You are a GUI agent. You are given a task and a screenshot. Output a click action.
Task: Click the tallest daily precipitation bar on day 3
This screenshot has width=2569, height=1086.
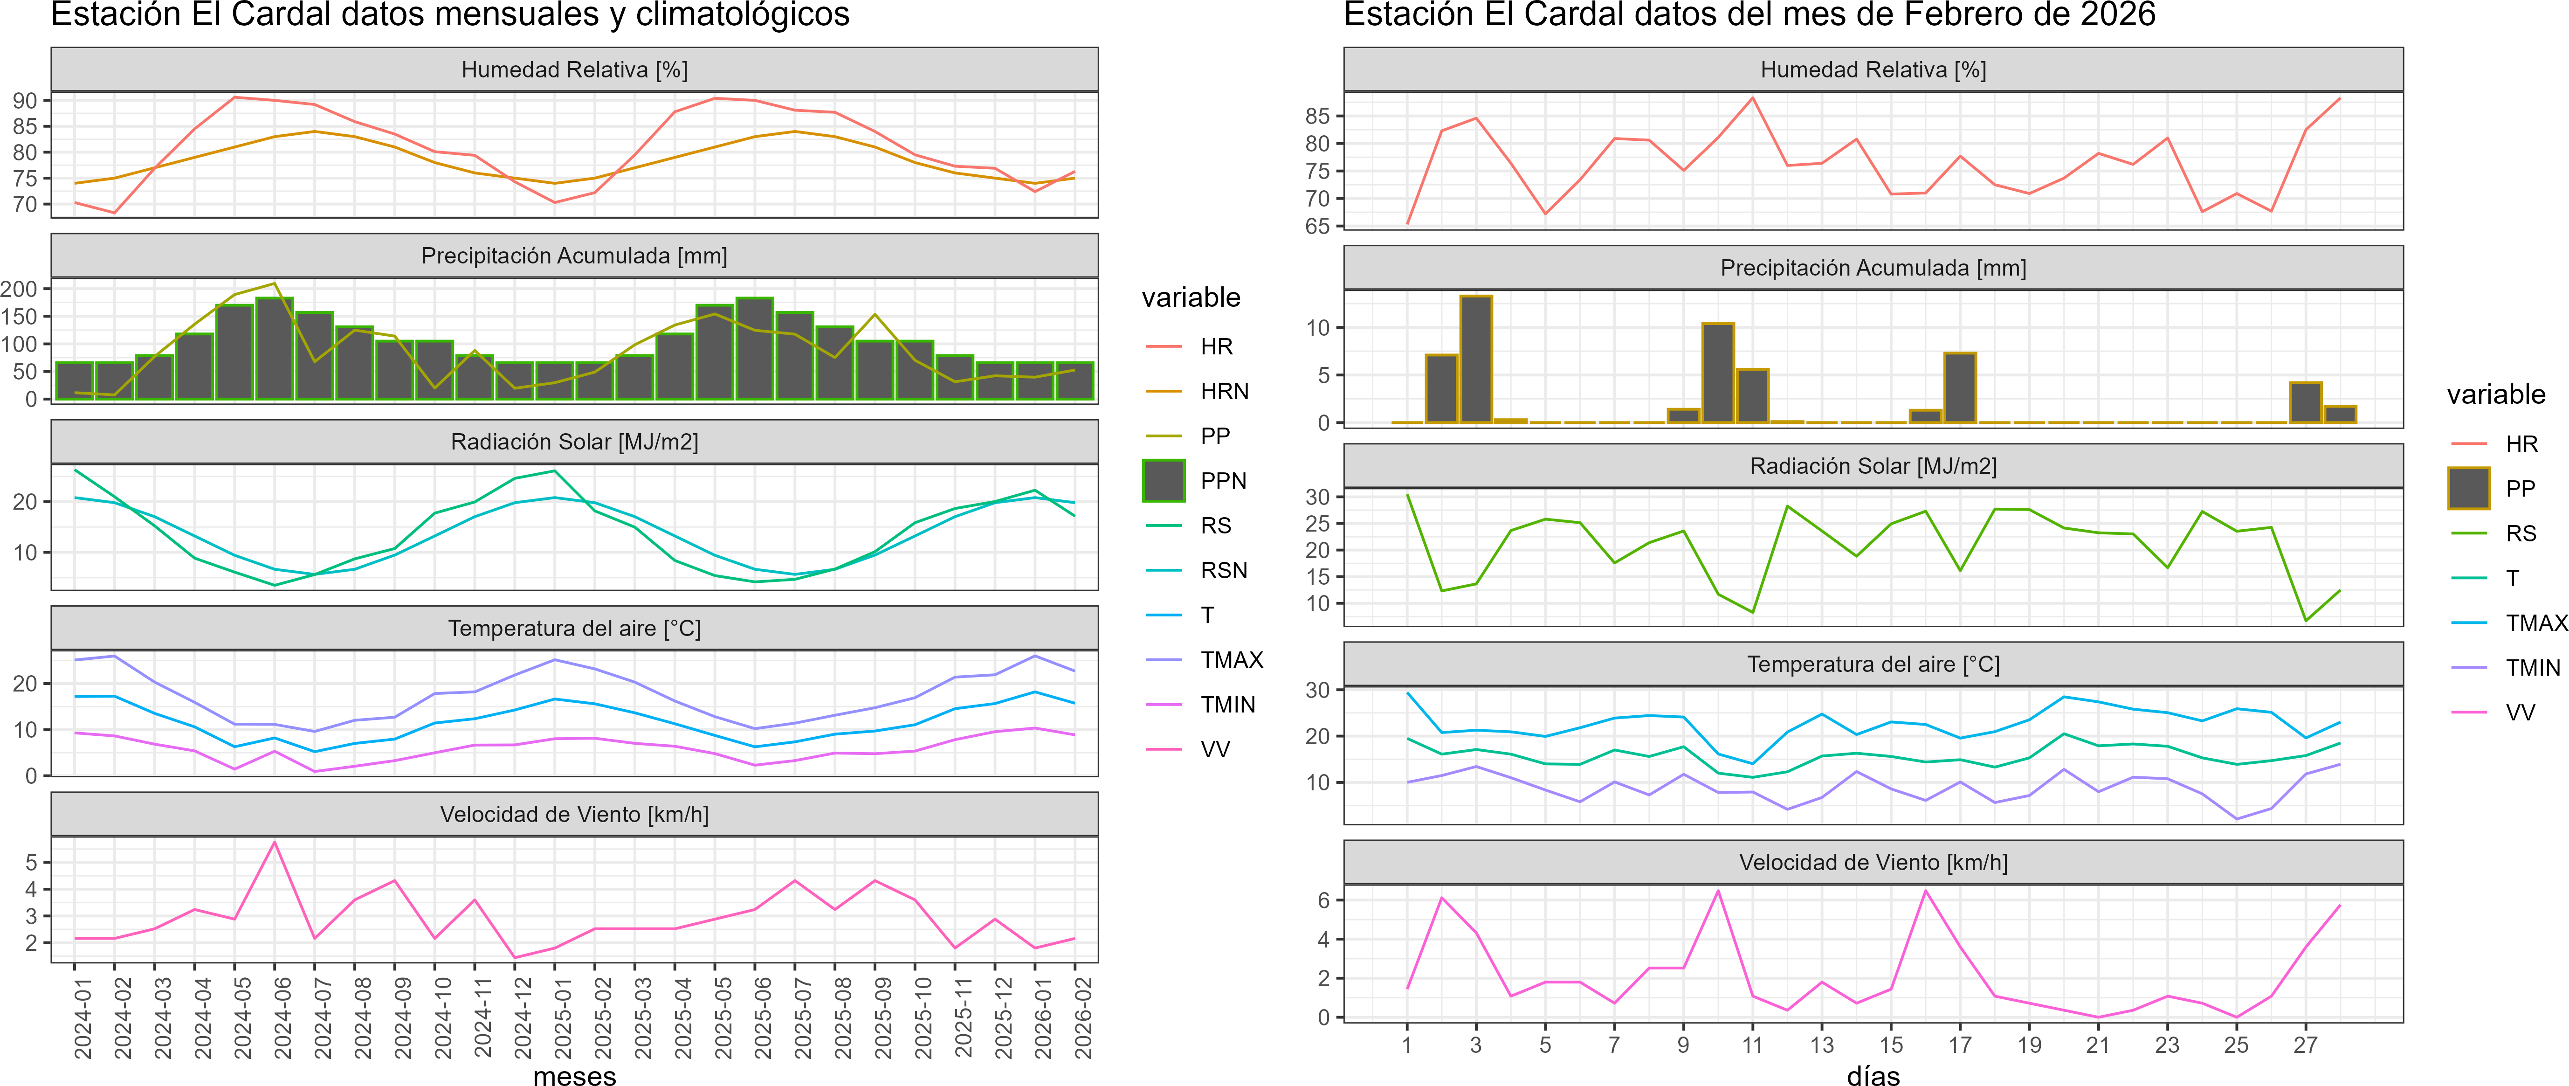[1476, 359]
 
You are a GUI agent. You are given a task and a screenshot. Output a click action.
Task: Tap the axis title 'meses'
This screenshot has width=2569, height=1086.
[574, 1075]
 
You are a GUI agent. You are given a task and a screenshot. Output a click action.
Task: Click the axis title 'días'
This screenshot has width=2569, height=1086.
[1873, 1075]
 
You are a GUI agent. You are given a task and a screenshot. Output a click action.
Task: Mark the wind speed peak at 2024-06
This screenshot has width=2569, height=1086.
[275, 843]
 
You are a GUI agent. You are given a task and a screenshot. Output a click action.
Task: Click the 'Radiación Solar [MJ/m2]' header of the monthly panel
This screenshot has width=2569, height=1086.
[574, 442]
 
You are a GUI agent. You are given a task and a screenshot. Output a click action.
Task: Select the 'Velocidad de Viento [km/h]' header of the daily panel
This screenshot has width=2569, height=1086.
[1873, 863]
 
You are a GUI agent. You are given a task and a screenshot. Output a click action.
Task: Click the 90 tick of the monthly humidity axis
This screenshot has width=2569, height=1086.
[25, 101]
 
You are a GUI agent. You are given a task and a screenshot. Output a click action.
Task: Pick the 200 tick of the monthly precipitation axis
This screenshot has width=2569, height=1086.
[19, 289]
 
